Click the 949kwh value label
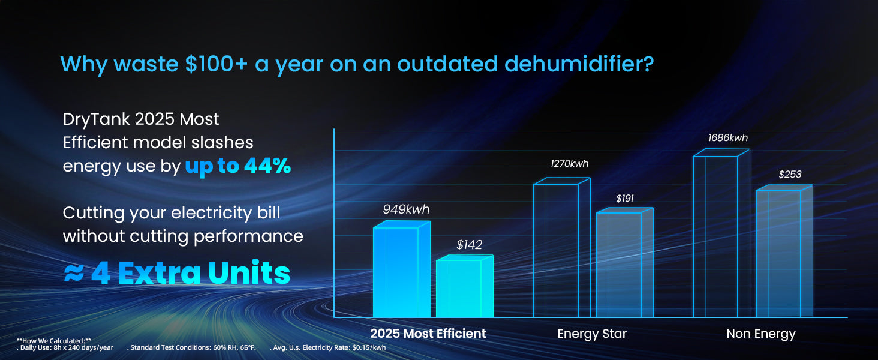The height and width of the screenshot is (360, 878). tap(406, 209)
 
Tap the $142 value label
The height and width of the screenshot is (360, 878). tap(469, 244)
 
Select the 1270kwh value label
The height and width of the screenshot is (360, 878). tap(570, 164)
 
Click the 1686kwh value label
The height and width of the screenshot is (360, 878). tap(728, 138)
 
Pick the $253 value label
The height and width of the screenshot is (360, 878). tap(790, 175)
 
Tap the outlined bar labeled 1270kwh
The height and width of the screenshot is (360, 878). tap(556, 250)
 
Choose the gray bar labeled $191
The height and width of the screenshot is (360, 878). tap(619, 265)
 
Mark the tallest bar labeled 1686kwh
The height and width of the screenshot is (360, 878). tap(715, 236)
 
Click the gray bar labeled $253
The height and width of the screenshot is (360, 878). tap(778, 254)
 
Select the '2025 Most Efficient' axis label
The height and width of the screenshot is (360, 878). tap(428, 334)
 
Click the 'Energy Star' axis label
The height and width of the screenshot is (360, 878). tap(592, 334)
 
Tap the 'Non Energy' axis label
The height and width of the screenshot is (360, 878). tap(761, 334)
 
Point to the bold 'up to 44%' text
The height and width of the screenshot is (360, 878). tap(237, 166)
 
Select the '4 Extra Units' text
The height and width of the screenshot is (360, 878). tap(190, 273)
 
